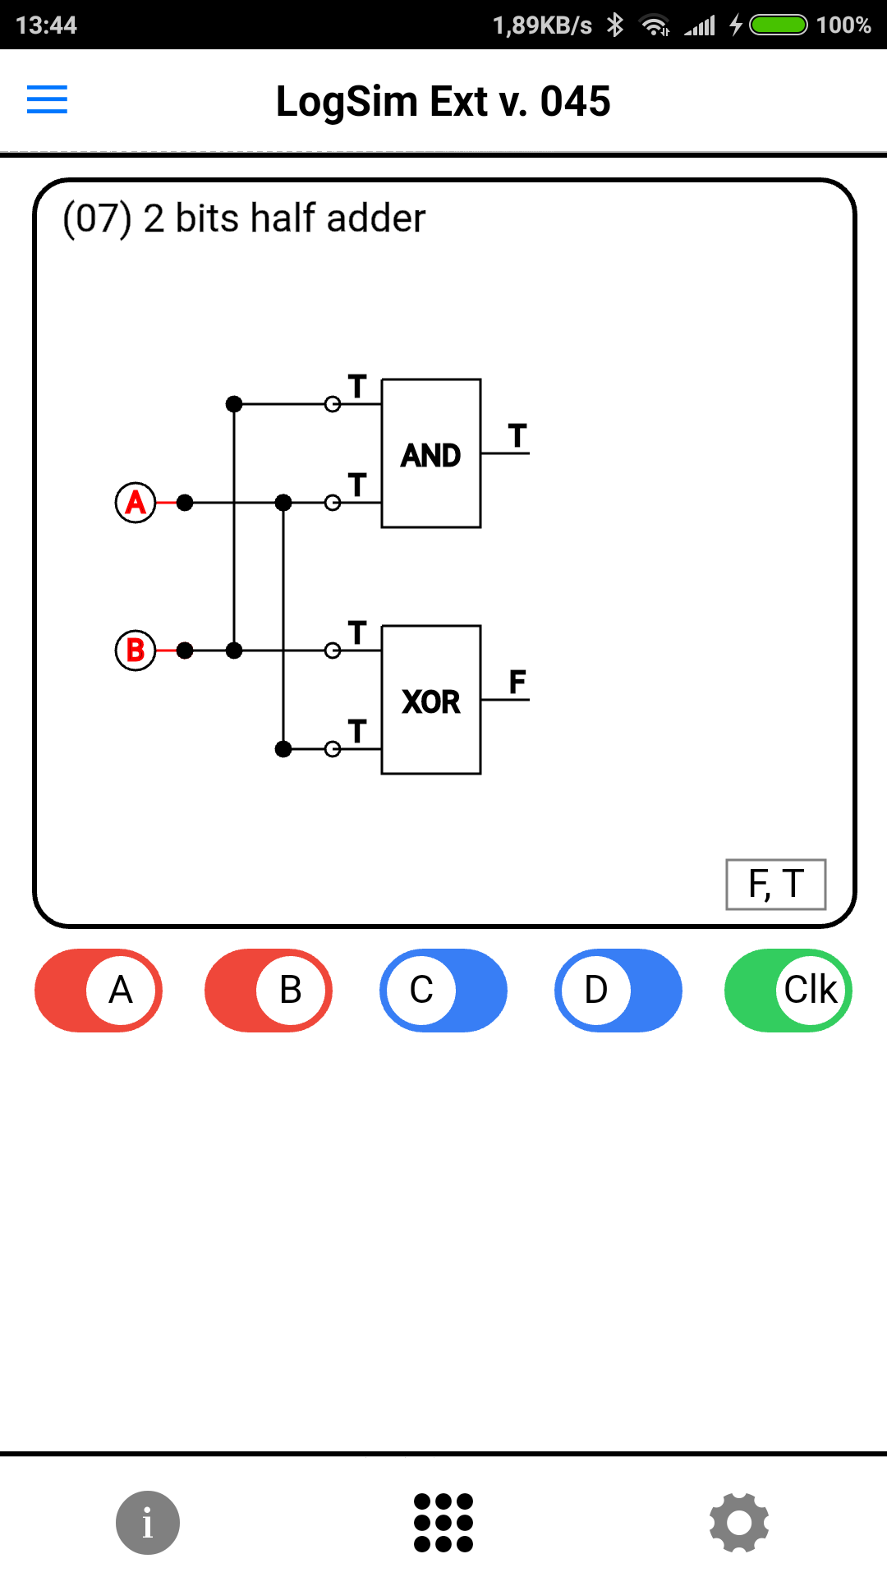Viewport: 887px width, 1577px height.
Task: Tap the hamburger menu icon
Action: [x=47, y=99]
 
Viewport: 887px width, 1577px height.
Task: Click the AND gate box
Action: [x=431, y=453]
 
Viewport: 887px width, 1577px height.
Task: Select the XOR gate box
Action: [x=431, y=700]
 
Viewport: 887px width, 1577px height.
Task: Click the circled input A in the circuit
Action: [x=136, y=502]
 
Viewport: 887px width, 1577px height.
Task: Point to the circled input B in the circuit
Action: [x=136, y=651]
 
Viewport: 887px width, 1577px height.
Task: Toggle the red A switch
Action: [x=99, y=991]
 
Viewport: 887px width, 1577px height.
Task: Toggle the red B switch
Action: [x=269, y=991]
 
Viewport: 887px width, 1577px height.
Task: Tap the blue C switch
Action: [x=443, y=991]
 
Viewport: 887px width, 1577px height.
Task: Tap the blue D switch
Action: [x=618, y=991]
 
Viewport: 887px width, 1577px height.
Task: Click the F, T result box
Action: [x=775, y=885]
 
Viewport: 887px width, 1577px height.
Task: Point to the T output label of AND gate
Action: [x=517, y=435]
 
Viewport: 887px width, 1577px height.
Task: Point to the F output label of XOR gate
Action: [x=517, y=682]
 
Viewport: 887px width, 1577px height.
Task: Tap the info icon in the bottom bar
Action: [x=148, y=1523]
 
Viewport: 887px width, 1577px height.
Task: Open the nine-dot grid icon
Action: [x=443, y=1523]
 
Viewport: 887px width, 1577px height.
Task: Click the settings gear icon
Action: [x=739, y=1523]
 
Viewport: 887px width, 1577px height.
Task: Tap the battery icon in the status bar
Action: [x=779, y=25]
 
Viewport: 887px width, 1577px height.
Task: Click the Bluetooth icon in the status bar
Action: [x=615, y=25]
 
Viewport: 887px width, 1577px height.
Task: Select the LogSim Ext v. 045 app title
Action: [x=443, y=101]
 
